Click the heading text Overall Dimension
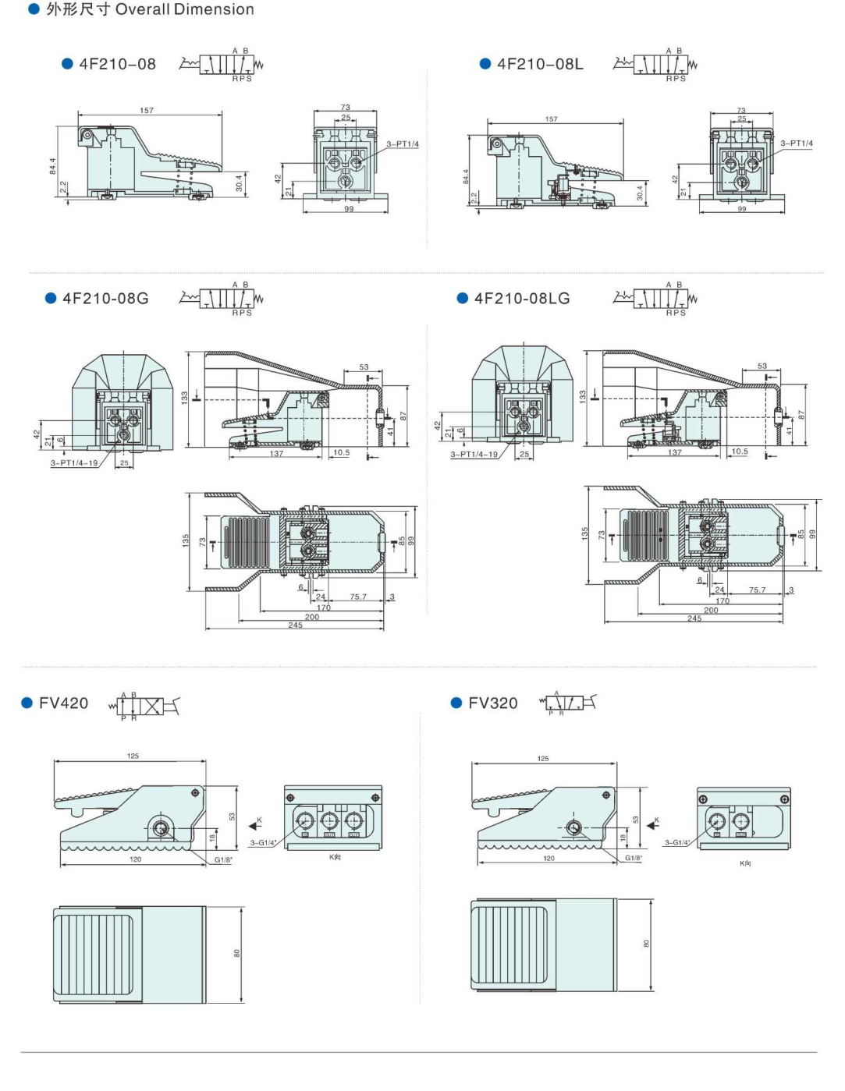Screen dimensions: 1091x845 point(184,9)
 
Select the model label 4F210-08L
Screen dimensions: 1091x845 point(540,64)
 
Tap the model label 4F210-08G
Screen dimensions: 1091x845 point(105,299)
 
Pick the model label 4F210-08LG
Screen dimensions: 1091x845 point(522,299)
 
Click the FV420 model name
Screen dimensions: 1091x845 point(63,703)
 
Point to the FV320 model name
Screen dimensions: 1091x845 point(492,703)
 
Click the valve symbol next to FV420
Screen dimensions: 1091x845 point(146,707)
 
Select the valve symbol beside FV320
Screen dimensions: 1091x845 point(568,703)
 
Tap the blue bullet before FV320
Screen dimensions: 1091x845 point(456,703)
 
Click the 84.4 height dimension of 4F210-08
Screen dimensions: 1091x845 point(53,166)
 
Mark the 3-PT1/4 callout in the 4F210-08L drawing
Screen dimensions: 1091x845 point(796,143)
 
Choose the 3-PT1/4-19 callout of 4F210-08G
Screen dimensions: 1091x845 point(74,463)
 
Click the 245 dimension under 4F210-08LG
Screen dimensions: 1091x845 point(694,618)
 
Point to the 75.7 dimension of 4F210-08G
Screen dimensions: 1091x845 point(358,597)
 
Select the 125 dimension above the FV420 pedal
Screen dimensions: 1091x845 point(133,756)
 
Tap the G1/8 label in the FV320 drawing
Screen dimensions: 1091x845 point(634,858)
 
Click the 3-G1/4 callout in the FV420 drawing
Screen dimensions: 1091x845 point(263,842)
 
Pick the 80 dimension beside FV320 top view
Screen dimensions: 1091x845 point(646,944)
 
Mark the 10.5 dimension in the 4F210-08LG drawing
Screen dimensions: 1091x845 point(740,452)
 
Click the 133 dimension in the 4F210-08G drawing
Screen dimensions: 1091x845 point(185,397)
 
